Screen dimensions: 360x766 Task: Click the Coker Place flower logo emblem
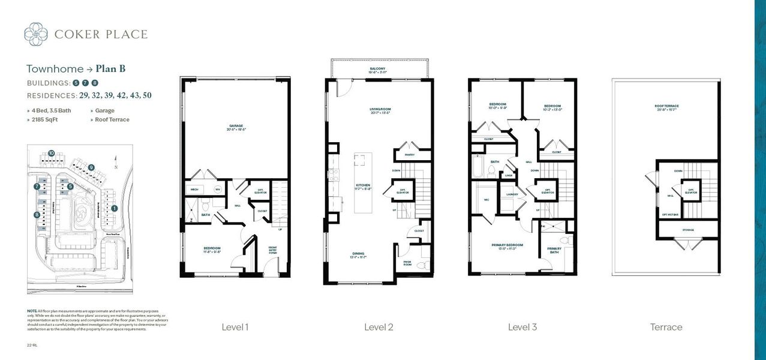tap(36, 34)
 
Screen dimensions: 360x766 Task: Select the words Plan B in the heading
tap(110, 68)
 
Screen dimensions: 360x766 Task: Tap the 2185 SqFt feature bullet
tap(43, 119)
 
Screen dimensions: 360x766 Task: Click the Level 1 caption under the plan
tap(235, 327)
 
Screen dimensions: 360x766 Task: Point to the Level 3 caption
tap(522, 327)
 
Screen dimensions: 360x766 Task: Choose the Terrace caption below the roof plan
tap(666, 327)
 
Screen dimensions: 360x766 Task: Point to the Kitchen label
tap(362, 185)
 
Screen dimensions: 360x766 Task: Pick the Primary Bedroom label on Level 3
tap(507, 245)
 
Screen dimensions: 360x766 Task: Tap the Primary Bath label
tap(554, 250)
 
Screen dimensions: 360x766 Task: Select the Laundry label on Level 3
tap(512, 194)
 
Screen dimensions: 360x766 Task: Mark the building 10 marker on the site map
tap(52, 154)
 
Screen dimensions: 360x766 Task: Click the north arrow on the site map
tap(115, 162)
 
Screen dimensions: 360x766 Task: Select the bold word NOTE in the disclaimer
tap(32, 311)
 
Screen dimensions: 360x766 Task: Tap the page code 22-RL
tap(32, 346)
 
